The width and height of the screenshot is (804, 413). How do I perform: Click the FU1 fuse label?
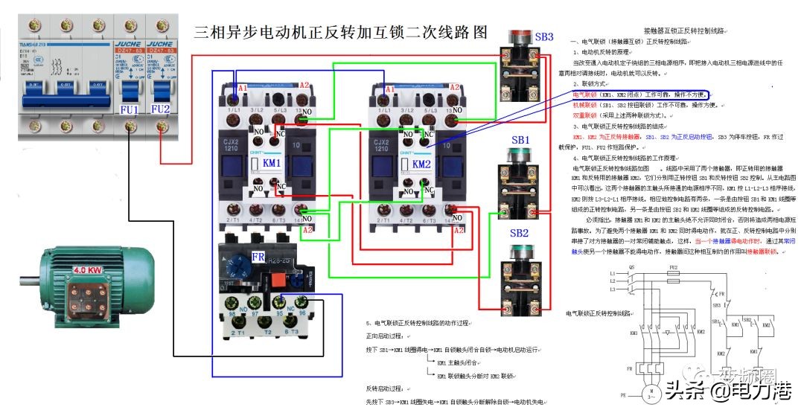tap(130, 109)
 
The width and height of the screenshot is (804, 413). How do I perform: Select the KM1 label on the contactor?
tap(270, 163)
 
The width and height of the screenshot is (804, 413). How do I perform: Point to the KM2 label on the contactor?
tap(421, 163)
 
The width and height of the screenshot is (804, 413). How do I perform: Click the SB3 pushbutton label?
tap(544, 36)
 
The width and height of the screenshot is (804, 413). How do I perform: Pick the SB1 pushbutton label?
tap(520, 140)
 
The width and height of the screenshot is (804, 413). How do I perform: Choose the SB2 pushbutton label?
tap(520, 234)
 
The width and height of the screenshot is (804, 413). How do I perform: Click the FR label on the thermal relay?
tap(258, 257)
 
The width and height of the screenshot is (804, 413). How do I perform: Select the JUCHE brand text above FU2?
tap(160, 44)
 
